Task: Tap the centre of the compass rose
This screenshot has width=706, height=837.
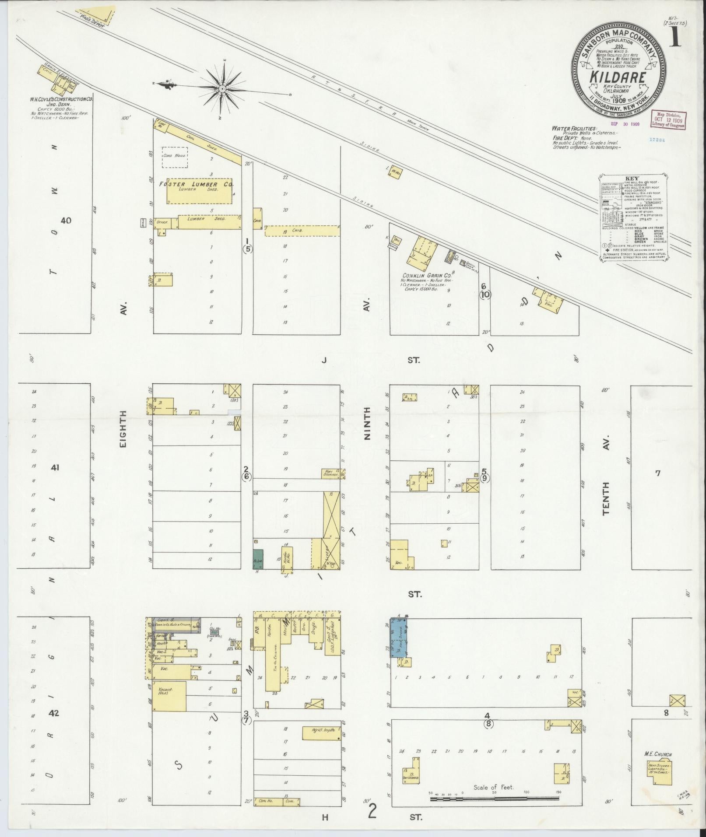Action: tap(222, 89)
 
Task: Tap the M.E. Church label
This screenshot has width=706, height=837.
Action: tap(657, 754)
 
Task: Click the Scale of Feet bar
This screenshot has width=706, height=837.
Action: tap(495, 798)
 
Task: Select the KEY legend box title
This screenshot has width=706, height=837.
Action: tap(632, 179)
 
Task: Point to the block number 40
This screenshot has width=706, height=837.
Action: tap(66, 221)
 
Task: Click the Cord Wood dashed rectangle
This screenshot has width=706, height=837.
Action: tap(175, 157)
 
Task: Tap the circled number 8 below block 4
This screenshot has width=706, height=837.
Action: tap(488, 724)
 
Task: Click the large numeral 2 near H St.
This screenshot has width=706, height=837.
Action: tap(372, 811)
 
